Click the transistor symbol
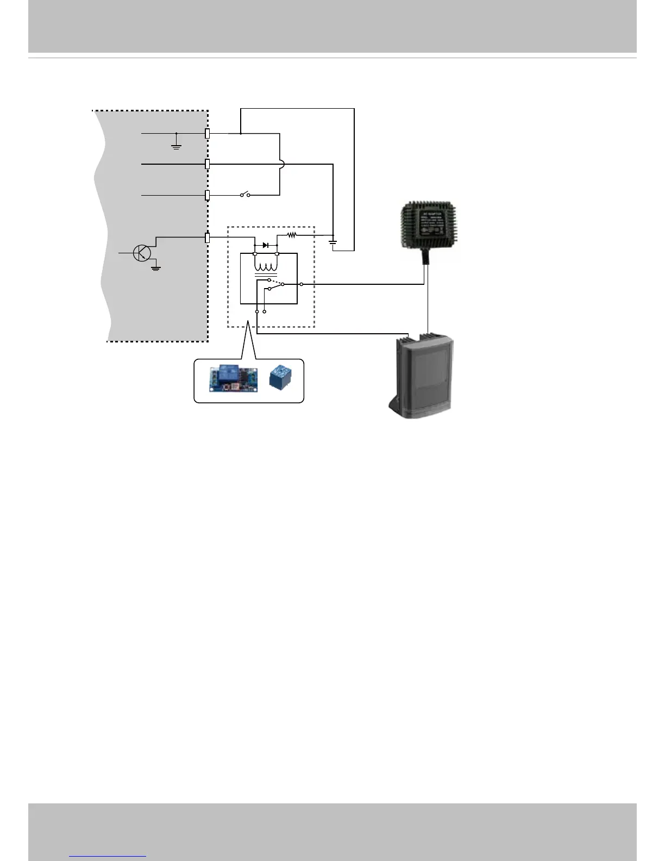142,253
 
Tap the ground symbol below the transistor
156,267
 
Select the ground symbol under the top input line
177,145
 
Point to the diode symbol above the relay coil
266,246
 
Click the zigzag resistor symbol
292,235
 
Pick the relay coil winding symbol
266,267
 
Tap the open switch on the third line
245,194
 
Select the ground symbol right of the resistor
333,241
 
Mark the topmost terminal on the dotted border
207,133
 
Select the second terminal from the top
207,164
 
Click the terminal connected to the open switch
207,195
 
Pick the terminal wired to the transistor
207,238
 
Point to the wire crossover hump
281,164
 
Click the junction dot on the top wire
241,133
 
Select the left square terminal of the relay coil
255,253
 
